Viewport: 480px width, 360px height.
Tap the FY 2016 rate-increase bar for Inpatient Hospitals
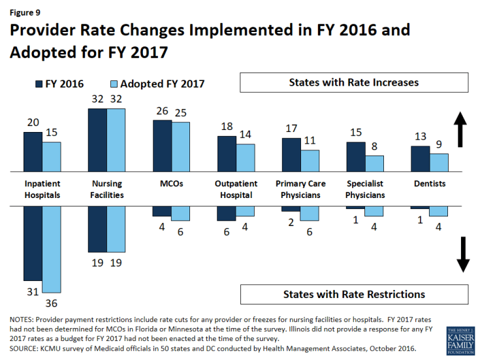coord(33,152)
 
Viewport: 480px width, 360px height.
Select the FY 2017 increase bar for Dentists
coord(439,163)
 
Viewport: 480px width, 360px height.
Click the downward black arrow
coord(462,254)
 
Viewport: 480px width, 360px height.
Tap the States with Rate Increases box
coord(354,83)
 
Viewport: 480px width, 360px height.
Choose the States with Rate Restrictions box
coord(354,294)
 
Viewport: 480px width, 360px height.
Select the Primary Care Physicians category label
coord(300,189)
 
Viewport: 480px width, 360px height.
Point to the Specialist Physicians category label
coord(365,189)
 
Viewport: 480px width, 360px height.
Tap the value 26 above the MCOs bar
coord(161,111)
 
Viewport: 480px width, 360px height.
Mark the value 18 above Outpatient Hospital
coord(226,127)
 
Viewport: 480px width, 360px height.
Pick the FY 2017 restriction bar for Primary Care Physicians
coord(310,213)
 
